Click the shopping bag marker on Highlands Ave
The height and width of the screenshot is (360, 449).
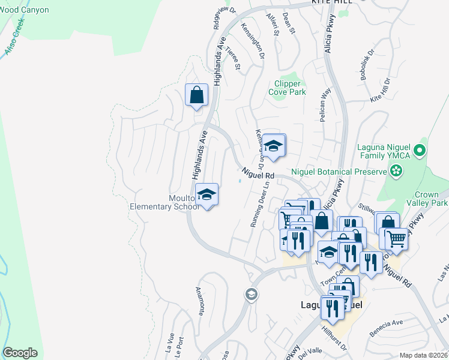point(196,95)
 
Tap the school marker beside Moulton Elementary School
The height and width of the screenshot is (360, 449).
point(207,194)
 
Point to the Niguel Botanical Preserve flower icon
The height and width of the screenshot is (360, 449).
point(396,172)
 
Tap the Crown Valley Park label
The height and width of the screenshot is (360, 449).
point(431,199)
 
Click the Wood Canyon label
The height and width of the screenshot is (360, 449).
point(24,10)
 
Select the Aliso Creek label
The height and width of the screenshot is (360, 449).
point(15,37)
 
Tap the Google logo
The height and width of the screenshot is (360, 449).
point(20,353)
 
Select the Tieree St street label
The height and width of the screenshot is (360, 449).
point(233,59)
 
